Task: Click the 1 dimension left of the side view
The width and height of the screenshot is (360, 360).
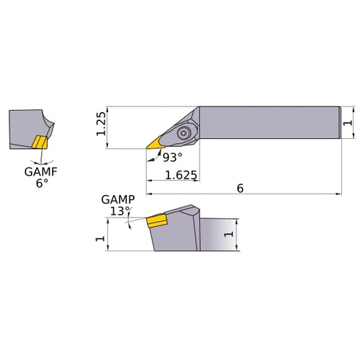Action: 100,235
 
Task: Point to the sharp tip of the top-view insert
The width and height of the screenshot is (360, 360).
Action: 147,149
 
